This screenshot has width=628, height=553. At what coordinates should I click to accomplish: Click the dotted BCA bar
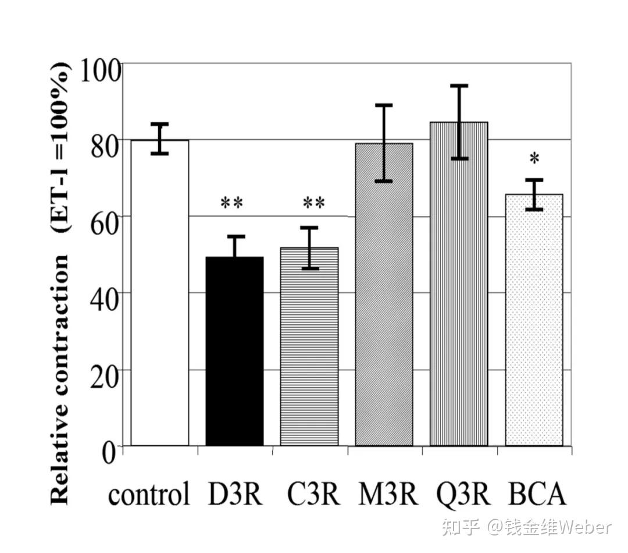tap(533, 320)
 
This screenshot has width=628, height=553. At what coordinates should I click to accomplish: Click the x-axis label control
tap(149, 495)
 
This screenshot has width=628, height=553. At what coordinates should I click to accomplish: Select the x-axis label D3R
tap(235, 495)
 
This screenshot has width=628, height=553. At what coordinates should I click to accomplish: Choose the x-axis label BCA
tap(537, 495)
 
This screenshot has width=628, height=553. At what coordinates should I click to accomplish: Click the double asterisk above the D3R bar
tap(231, 204)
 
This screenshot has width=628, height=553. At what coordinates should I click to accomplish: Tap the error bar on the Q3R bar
tap(459, 122)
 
